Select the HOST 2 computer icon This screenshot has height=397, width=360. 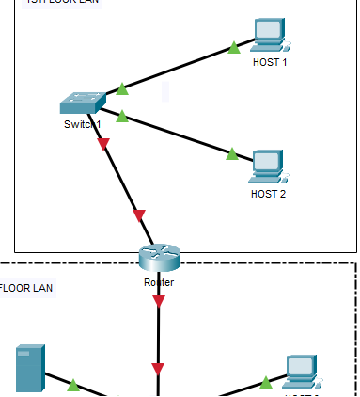[x=268, y=166]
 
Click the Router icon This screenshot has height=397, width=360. [x=158, y=257]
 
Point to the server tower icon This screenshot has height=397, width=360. [x=29, y=369]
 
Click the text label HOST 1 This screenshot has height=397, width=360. [x=270, y=62]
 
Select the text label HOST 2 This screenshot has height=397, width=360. [x=268, y=194]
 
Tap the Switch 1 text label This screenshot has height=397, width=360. [x=81, y=124]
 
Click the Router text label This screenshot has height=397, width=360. [x=158, y=281]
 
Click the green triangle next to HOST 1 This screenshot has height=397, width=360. [x=233, y=46]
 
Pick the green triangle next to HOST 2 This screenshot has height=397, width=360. [x=232, y=153]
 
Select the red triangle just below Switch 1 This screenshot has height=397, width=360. [x=103, y=144]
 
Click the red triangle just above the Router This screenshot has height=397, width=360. [x=140, y=215]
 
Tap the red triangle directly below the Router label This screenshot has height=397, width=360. [x=158, y=301]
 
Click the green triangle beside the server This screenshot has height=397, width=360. [x=72, y=384]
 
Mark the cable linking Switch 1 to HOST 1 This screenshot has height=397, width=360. [x=179, y=67]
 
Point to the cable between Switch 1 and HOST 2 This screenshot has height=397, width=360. [x=179, y=135]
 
